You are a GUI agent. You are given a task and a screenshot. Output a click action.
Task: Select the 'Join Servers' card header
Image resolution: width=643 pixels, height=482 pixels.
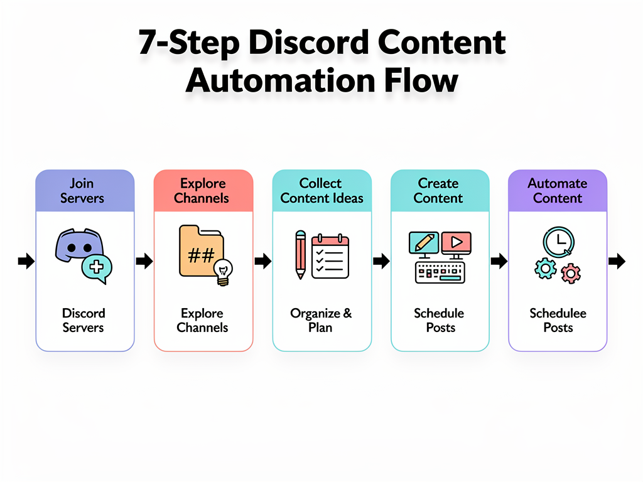85,191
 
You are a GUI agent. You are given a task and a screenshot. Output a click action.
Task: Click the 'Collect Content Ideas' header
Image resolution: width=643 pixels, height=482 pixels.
321,191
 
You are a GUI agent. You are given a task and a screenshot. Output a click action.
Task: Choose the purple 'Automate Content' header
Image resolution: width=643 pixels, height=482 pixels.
557,191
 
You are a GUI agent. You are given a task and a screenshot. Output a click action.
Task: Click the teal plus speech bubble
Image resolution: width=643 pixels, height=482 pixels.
96,268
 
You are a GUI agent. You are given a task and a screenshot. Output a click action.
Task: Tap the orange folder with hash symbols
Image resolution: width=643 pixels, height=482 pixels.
199,252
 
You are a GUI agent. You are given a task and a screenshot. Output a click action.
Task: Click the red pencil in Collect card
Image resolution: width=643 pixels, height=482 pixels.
300,255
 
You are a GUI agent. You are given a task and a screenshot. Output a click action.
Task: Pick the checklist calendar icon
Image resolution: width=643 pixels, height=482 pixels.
330,255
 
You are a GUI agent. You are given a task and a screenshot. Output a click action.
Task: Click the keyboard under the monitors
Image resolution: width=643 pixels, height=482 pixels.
440,272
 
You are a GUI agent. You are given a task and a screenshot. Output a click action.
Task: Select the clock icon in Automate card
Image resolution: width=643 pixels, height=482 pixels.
558,242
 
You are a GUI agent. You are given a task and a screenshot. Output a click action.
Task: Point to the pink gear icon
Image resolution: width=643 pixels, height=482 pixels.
571,274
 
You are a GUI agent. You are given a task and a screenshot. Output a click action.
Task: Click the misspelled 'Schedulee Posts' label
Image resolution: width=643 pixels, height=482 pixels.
558,320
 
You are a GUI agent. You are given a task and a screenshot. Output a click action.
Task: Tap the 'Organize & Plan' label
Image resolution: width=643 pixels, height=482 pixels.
321,320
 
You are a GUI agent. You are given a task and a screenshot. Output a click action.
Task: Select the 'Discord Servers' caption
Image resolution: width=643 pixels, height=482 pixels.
84,320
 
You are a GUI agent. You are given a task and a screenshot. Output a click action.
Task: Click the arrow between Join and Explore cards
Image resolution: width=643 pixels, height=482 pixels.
144,261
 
